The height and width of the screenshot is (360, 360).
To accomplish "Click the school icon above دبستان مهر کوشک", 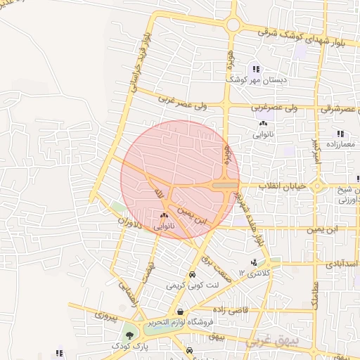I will (x=256, y=70).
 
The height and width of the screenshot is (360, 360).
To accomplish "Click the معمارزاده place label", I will (x=340, y=144).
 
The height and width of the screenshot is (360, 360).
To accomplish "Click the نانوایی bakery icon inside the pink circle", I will (x=164, y=215).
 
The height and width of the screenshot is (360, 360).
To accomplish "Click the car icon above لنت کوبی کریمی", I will (x=192, y=275).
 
